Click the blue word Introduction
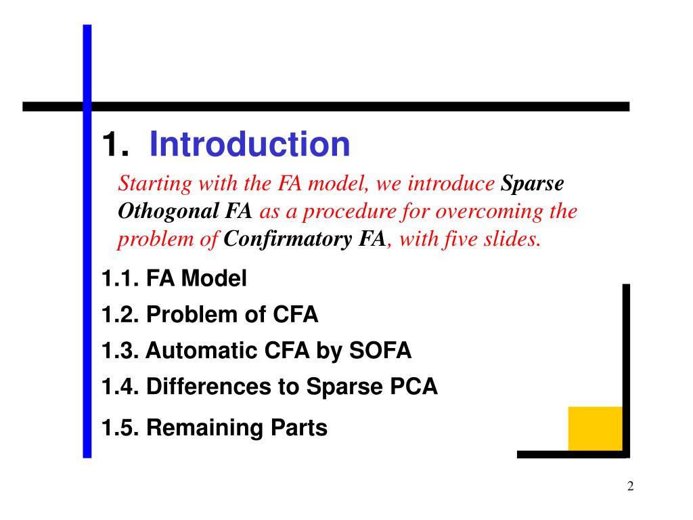click(250, 144)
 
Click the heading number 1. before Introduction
click(116, 145)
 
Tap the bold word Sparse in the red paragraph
click(532, 184)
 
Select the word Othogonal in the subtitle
click(169, 212)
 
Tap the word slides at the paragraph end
click(516, 239)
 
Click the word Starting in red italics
click(148, 184)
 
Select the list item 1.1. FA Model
click(174, 278)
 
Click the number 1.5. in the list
click(120, 428)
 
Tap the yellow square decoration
click(595, 428)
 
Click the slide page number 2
click(630, 487)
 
